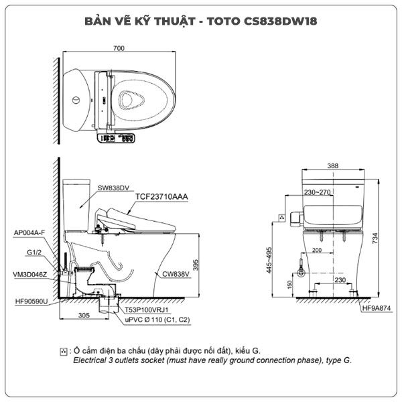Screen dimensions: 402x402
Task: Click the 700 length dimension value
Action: pos(119,48)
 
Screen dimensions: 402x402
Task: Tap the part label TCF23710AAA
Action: pos(161,196)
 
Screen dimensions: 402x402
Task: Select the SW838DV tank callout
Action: pos(113,188)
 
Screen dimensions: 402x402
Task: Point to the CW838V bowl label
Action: pos(176,274)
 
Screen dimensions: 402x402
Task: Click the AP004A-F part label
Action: pos(29,232)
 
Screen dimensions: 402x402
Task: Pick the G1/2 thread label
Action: pos(34,253)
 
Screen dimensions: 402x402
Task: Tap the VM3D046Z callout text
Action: pos(30,275)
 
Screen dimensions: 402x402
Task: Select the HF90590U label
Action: pos(31,301)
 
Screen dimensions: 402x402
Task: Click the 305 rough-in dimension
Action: pos(84,315)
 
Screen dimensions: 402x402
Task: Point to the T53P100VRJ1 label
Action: pos(147,310)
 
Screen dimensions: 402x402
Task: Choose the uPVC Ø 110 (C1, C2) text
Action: pos(157,320)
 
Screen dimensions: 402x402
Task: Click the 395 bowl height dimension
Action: pos(196,265)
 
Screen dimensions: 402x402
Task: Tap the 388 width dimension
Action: pos(333,166)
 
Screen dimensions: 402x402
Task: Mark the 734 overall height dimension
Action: pos(375,238)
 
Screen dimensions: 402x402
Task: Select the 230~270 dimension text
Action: pos(317,192)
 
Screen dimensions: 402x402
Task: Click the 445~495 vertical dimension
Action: pos(269,260)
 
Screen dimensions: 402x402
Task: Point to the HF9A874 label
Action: pos(377,308)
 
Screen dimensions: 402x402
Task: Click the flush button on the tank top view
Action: pos(76,100)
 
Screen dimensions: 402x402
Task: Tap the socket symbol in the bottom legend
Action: pos(64,352)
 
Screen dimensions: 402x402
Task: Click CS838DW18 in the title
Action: pos(280,21)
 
